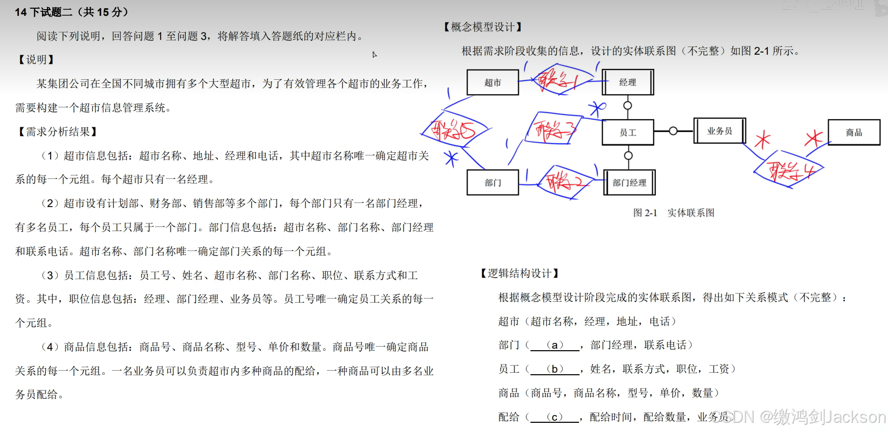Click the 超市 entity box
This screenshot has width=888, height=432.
(x=493, y=82)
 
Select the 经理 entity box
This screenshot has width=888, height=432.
(x=628, y=82)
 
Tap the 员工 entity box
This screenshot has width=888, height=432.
(x=628, y=132)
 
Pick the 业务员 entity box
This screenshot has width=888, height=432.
(x=719, y=131)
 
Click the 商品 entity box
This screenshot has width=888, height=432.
(x=854, y=132)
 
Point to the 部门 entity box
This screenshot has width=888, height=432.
(x=493, y=183)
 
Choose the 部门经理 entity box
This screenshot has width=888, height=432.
(x=629, y=183)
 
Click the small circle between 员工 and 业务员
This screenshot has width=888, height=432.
(x=673, y=131)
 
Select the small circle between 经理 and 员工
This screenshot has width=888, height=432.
(x=628, y=106)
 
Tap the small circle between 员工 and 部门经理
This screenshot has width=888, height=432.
(x=628, y=155)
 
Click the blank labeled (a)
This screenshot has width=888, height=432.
(x=555, y=345)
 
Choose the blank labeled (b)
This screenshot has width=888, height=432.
(x=555, y=369)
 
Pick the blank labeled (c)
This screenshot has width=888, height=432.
(x=555, y=417)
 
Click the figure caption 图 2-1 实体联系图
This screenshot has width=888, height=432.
(x=674, y=213)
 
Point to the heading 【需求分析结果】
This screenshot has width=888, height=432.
(x=57, y=132)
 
